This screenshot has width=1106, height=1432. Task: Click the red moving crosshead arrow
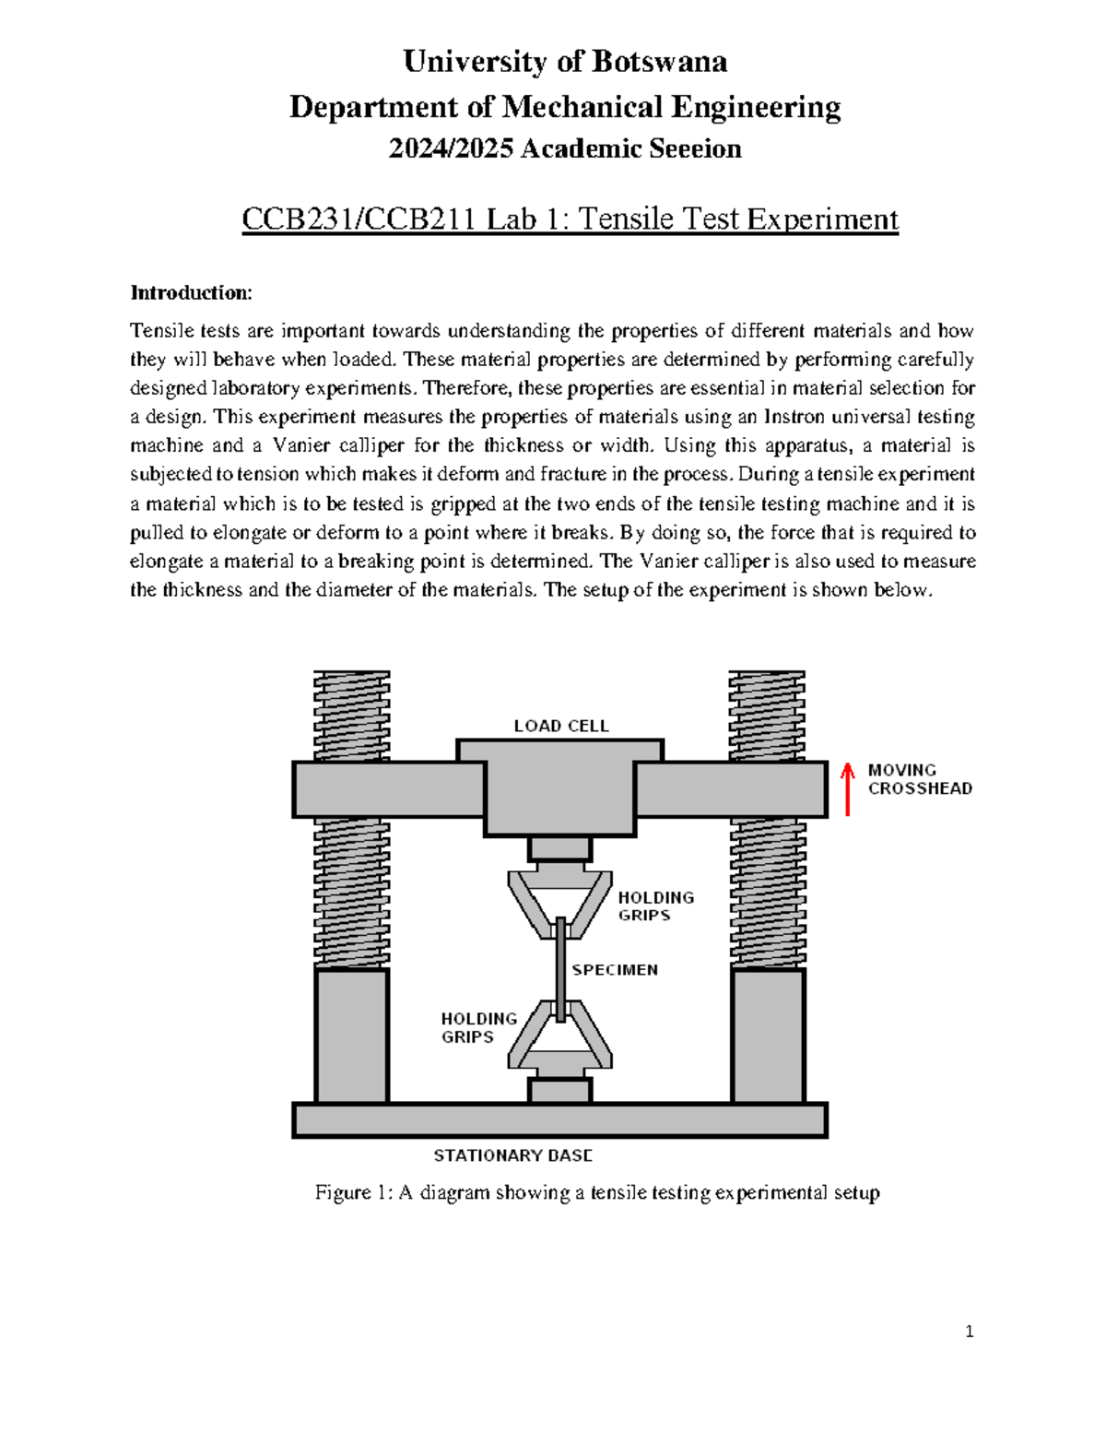tap(848, 789)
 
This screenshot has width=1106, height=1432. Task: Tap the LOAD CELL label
tap(560, 726)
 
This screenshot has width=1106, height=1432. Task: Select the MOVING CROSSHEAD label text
tap(919, 779)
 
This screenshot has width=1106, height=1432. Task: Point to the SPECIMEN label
tap(615, 970)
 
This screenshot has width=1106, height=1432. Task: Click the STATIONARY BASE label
tap(512, 1155)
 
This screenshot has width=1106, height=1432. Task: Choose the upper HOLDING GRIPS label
tap(655, 906)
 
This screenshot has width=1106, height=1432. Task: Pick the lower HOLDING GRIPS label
tap(478, 1027)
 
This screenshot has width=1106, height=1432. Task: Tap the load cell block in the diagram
tap(560, 788)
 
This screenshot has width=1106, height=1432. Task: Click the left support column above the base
tap(351, 1036)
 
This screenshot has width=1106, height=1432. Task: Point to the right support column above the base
tap(768, 1036)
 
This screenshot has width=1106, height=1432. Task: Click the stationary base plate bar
tap(559, 1120)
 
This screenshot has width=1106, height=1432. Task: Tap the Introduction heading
tap(191, 293)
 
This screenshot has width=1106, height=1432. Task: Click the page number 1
tap(969, 1331)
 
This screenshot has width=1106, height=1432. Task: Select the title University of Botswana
tap(565, 62)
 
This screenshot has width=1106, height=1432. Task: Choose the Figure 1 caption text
tap(597, 1192)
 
